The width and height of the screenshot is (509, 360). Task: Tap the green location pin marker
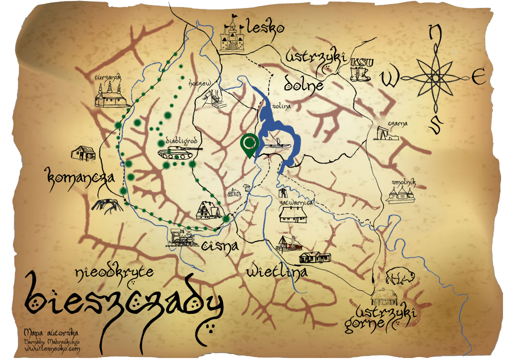(x=249, y=144)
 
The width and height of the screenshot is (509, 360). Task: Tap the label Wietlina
(x=276, y=271)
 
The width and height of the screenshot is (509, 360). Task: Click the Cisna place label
(x=221, y=244)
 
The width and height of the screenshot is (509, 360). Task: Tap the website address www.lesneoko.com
(x=52, y=349)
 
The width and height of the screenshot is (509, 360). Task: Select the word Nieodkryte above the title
(x=114, y=271)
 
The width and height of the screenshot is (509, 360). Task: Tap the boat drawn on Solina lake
(x=277, y=144)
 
